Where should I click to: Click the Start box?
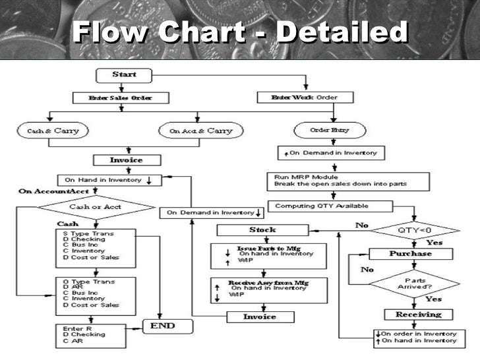coord(123,75)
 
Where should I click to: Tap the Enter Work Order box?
coord(305,98)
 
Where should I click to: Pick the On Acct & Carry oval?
coord(201,131)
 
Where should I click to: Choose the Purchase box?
coord(410,254)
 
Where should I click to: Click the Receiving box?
coord(409,315)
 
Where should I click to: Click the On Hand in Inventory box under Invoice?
coord(107,179)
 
